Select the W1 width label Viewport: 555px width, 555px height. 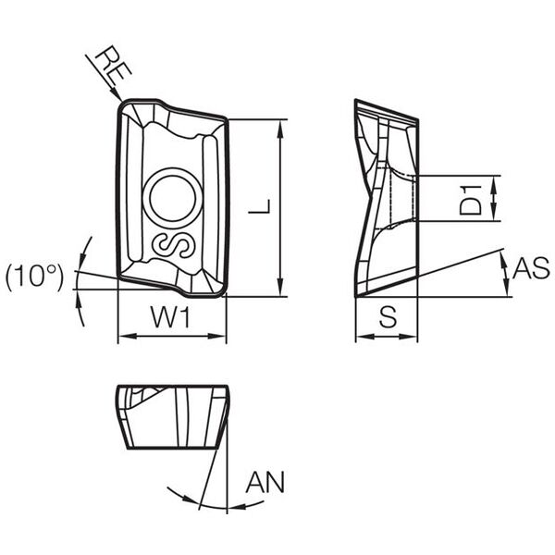click(171, 316)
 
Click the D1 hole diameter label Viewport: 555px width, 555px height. click(471, 200)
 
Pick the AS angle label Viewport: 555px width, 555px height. click(531, 267)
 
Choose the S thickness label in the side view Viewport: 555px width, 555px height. click(388, 316)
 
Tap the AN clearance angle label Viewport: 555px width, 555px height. click(265, 482)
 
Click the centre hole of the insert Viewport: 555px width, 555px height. click(173, 199)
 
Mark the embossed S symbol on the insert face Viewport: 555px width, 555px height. click(174, 245)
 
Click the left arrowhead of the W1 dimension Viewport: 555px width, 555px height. click(126, 336)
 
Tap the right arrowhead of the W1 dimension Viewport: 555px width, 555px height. click(217, 336)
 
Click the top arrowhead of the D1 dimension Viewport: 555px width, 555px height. click(494, 183)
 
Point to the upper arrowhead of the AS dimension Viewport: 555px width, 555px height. click(504, 257)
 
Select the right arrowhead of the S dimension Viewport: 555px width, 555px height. click(410, 337)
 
